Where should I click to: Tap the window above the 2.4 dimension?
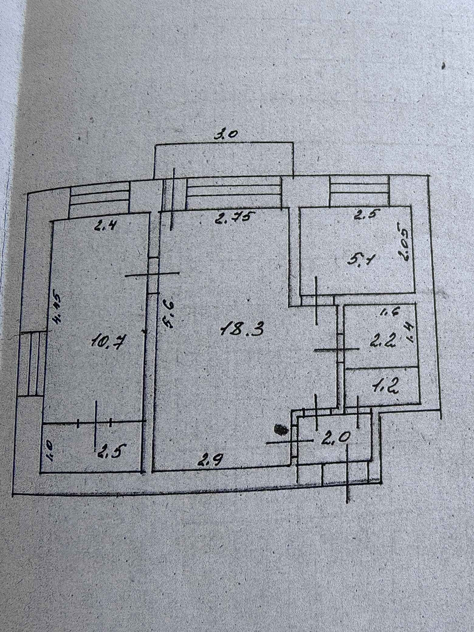pos(99,200)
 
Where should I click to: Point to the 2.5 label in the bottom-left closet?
pos(107,452)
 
